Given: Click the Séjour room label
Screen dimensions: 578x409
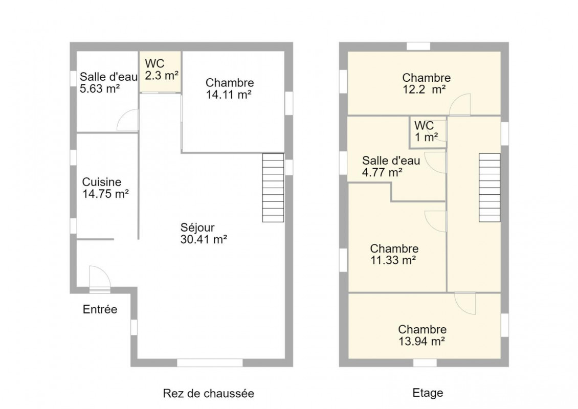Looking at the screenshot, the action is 197,228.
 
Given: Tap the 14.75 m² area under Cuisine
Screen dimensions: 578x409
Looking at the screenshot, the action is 105,194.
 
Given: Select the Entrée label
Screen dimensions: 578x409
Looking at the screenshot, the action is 100,309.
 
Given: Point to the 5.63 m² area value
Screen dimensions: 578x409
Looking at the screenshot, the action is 100,89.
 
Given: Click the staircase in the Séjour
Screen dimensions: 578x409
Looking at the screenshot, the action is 273,188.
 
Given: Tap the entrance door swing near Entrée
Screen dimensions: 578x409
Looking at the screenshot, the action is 100,278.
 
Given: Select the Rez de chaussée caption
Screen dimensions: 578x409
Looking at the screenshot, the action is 208,394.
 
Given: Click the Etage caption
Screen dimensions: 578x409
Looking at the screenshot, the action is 428,393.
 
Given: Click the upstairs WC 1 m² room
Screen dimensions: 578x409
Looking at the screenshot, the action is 428,132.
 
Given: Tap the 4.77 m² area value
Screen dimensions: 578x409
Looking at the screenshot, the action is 382,172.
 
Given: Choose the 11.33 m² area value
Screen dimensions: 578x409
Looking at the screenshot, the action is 393,260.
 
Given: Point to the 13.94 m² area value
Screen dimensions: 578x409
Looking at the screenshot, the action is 421,341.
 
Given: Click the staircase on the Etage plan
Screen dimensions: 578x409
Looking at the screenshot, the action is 490,188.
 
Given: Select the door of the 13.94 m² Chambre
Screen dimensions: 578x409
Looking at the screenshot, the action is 465,303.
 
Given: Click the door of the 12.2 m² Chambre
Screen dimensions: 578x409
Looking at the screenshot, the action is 460,105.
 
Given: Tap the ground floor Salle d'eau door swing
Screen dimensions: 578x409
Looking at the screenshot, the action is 127,120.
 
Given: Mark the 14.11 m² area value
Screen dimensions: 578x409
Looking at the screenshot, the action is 229,95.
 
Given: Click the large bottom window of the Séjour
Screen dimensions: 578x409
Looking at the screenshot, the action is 210,362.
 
